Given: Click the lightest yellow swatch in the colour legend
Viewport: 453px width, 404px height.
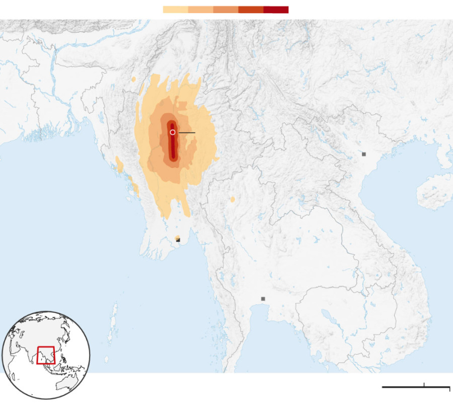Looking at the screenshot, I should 176,10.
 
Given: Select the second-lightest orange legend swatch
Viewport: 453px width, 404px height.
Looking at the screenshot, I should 201,10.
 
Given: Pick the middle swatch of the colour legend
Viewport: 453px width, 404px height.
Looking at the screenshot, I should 226,10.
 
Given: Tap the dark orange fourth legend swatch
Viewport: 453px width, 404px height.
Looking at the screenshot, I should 251,10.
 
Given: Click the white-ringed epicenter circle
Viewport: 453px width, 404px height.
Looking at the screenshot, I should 173,132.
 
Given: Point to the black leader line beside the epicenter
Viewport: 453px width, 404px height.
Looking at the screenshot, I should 187,132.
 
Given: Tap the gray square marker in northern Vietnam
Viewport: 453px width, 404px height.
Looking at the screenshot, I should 364,154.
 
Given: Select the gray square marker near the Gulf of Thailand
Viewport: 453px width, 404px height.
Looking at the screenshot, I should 263,299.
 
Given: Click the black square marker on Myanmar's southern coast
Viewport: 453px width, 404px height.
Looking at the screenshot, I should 178,240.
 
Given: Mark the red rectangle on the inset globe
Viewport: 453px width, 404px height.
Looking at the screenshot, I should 46,355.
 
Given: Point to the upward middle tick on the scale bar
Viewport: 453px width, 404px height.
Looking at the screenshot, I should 424,385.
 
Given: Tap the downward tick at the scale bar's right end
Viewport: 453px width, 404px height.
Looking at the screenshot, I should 449,389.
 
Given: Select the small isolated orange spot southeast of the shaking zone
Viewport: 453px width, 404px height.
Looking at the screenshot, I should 233,200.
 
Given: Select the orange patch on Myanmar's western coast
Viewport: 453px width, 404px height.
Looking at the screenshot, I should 120,165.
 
